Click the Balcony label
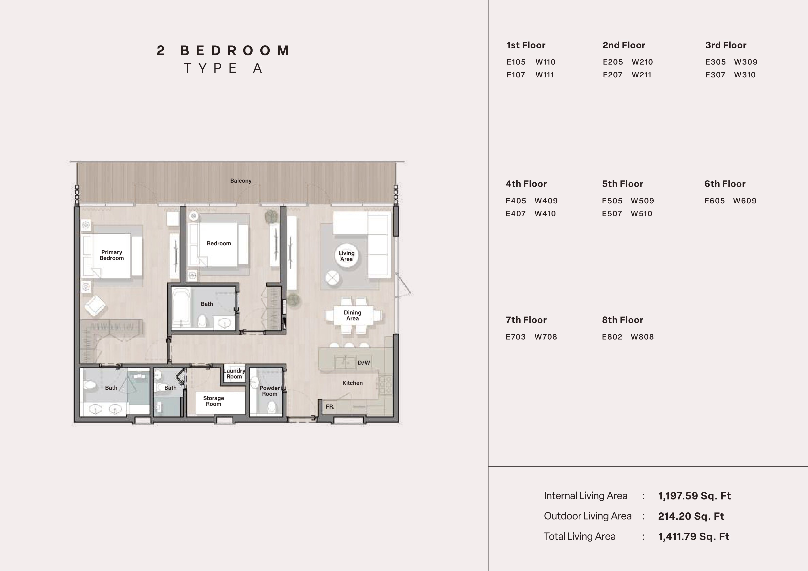[241, 181]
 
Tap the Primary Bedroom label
[112, 255]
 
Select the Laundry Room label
[234, 374]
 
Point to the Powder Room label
[270, 391]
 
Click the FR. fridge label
[330, 407]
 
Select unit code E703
[516, 337]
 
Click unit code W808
[642, 337]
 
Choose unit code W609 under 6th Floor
[745, 201]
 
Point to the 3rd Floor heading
[726, 45]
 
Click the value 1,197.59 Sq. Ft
[694, 496]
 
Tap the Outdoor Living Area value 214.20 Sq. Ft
[691, 517]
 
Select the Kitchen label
[352, 383]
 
